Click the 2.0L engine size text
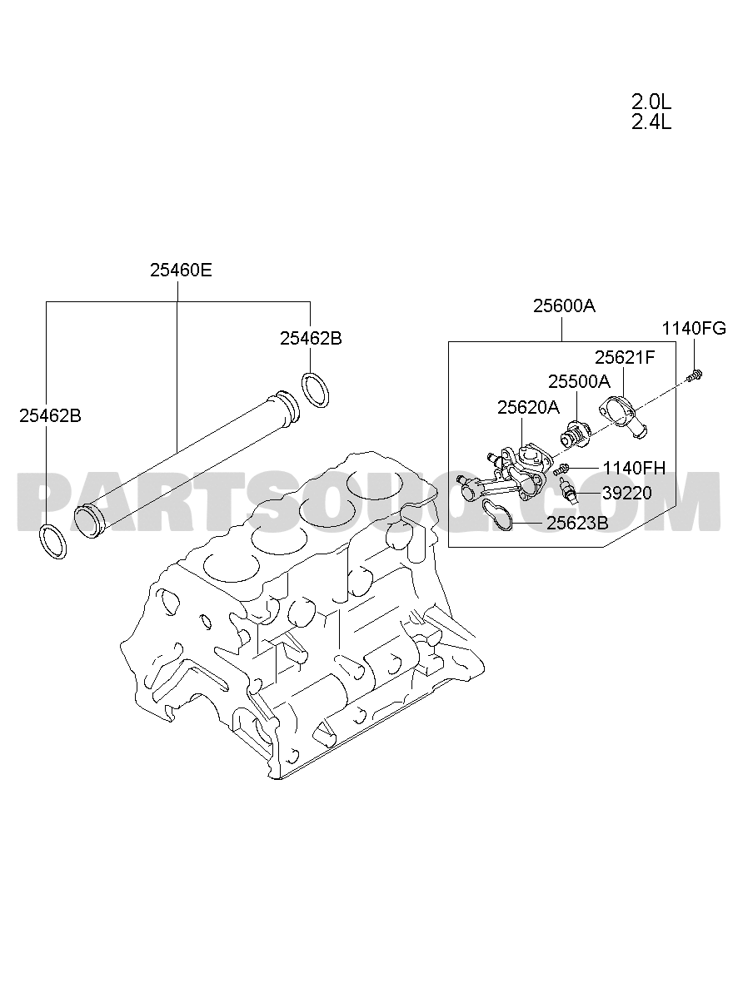tap(651, 102)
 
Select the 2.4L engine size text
tap(651, 122)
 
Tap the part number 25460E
tap(181, 271)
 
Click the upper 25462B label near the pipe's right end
tap(311, 338)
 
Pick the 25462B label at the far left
tap(50, 416)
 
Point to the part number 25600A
tap(564, 306)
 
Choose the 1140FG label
tap(694, 329)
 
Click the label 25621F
tap(625, 357)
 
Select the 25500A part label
tap(579, 381)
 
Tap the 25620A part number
tap(528, 407)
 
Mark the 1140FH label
tap(634, 469)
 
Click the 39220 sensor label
tap(627, 494)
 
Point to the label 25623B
tap(577, 523)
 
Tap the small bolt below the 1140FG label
tap(696, 375)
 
